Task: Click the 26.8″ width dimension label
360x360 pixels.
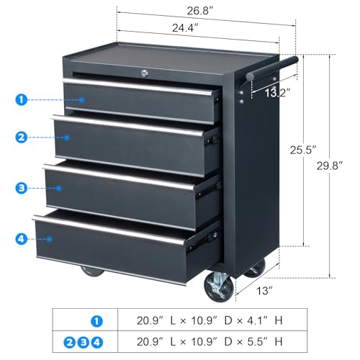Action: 200,11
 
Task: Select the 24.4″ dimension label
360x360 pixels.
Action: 185,28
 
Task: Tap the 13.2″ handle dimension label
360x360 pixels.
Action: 278,93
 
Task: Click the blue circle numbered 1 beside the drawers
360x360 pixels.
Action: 22,99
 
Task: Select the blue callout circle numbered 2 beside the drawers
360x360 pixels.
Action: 22,138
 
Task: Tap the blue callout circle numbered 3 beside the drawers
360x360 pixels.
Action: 22,188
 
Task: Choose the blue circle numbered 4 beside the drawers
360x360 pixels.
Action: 22,239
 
